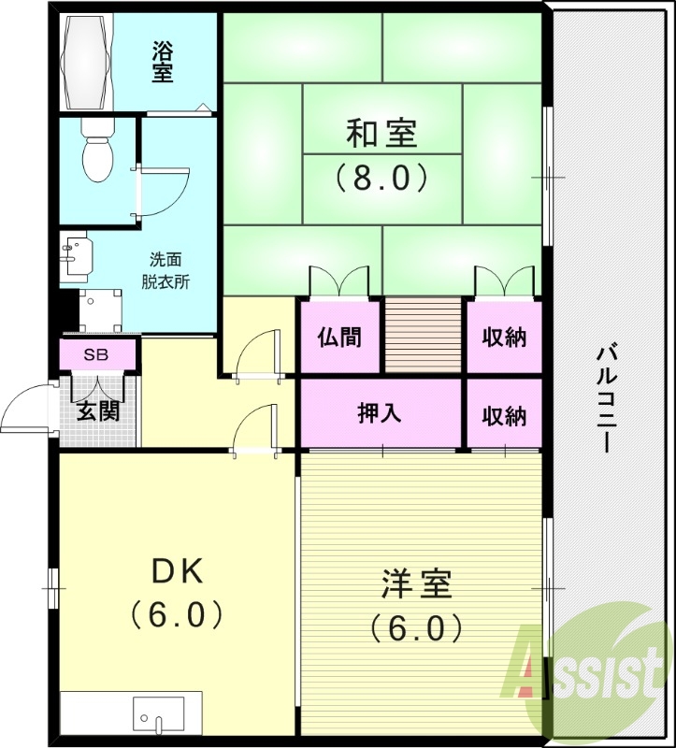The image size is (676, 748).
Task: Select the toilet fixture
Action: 95,155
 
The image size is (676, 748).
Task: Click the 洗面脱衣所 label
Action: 166,270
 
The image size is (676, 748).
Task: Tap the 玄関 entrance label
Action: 97,410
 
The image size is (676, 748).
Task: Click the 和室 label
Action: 381,134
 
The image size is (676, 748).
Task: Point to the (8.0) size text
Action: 381,175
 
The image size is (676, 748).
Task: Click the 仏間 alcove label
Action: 339,337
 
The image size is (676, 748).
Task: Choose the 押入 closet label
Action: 381,413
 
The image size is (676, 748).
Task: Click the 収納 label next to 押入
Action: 504,413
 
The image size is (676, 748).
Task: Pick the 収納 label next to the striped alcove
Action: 504,337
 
